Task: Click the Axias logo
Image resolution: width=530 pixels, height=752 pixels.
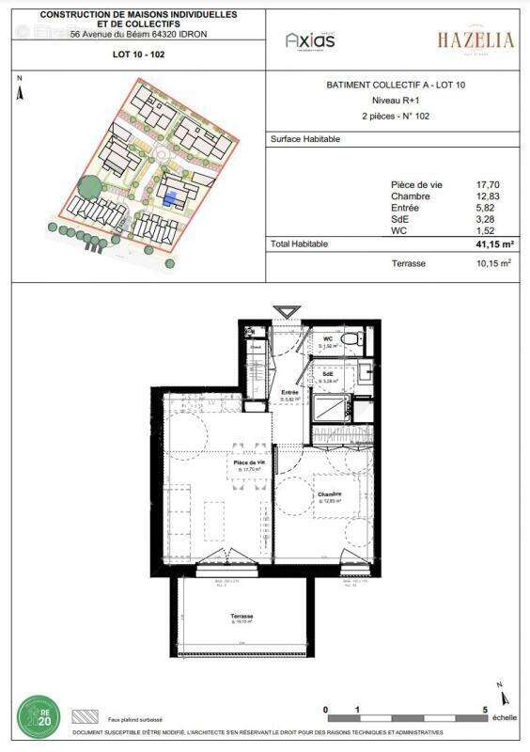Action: pos(310,39)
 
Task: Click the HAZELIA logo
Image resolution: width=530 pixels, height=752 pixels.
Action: pos(475,39)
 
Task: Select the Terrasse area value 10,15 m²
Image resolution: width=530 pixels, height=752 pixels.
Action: pos(491,264)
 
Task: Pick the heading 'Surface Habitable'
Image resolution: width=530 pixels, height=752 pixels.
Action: pos(305,139)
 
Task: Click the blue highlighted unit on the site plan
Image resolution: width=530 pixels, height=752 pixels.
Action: pos(170,198)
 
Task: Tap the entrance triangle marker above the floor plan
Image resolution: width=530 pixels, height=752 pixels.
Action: pos(286,312)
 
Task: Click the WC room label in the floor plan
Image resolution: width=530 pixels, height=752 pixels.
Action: pos(328,340)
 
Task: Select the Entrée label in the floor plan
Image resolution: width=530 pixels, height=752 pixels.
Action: pos(288,394)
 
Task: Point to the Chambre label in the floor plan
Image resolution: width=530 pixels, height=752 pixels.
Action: pos(329,495)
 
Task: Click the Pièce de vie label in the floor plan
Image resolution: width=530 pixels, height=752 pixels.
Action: pos(250,463)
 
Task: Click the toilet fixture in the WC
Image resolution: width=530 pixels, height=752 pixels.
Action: pos(348,338)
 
